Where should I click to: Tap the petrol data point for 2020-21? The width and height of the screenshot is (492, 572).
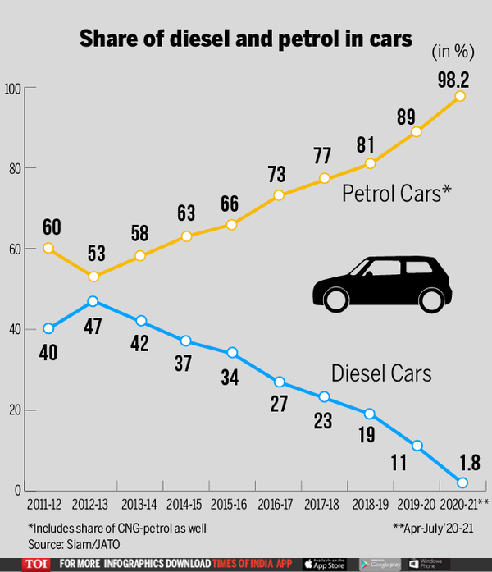point(461,96)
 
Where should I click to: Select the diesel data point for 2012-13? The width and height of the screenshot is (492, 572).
point(93,301)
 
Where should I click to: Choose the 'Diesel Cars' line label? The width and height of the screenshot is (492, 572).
point(381,374)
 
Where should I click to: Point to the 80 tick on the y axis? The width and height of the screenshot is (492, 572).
point(13,168)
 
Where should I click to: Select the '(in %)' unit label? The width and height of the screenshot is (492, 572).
point(453,52)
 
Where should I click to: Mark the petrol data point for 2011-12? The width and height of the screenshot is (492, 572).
point(48,248)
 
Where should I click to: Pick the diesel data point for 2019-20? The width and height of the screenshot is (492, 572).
point(417,446)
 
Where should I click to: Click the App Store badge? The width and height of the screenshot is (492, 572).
point(326,564)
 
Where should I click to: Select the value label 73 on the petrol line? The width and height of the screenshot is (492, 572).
point(277,175)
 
